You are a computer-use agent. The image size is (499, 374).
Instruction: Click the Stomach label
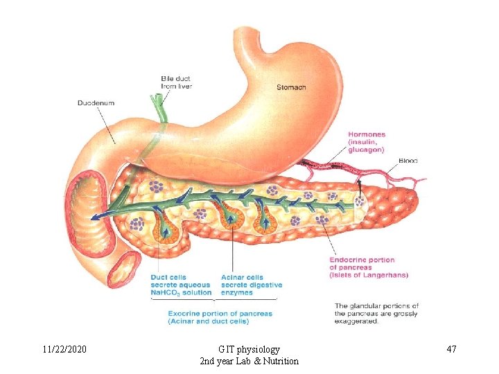pos(291,87)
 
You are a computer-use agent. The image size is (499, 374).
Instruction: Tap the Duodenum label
pos(96,103)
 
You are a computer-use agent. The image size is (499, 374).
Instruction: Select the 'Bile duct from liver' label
pos(176,82)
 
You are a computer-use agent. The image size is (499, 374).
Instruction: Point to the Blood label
pos(408,161)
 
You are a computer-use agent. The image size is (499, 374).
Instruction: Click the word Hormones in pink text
pos(367,134)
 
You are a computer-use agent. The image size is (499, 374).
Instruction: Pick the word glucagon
pos(366,150)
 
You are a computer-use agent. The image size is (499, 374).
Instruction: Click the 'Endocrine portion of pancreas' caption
pos(362,264)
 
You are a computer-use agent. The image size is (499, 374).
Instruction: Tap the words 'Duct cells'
pos(168,278)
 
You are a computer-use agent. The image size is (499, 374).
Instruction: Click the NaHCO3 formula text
pos(165,293)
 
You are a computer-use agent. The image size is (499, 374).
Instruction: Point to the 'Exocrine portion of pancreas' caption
pos(220,313)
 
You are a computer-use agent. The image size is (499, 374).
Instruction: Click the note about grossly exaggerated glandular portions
pos(376,313)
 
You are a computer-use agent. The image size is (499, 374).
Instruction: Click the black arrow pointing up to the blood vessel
pos(360,185)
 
